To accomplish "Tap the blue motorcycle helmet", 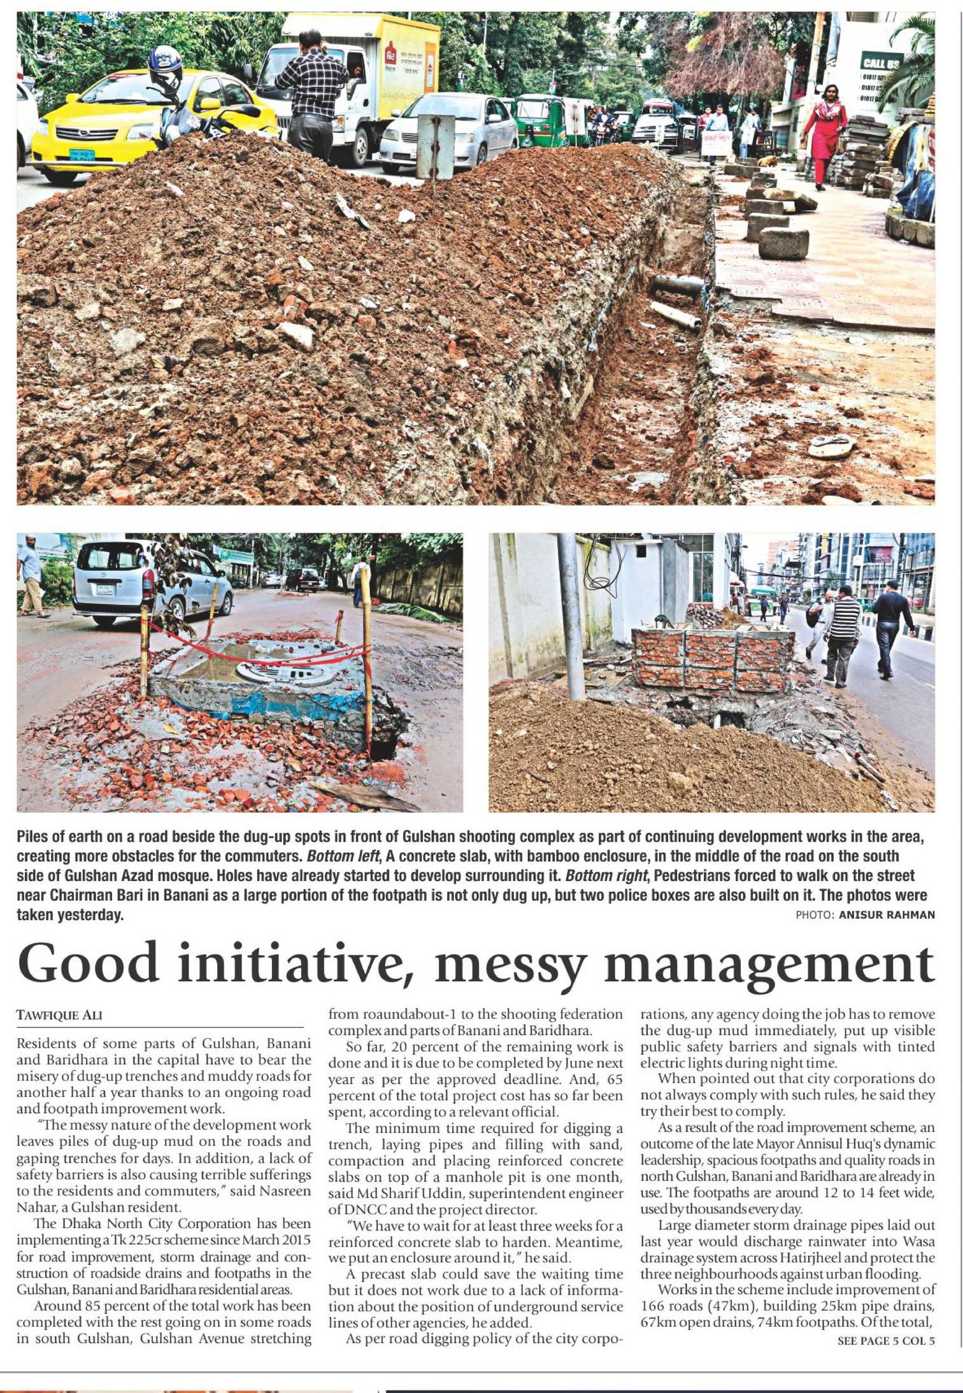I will tap(165, 69).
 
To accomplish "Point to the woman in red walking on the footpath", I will tap(824, 133).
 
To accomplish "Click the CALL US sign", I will tap(881, 62).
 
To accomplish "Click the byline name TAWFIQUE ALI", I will tap(59, 1015).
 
